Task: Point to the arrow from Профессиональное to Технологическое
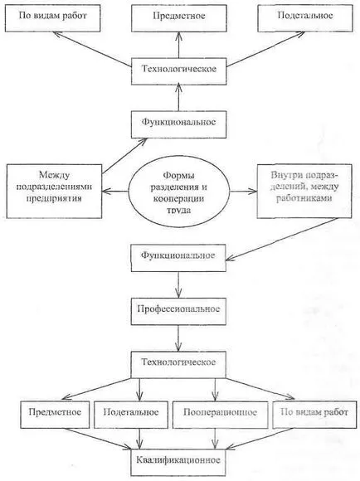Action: (178, 338)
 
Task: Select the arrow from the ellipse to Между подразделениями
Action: (114, 192)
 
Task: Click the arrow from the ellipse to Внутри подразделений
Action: (243, 191)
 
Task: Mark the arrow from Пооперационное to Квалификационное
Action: (215, 439)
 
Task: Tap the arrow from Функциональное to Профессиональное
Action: (178, 284)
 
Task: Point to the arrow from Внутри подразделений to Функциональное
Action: (282, 240)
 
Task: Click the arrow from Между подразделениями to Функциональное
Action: (124, 156)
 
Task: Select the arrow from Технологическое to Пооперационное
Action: (215, 390)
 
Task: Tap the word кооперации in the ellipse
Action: (178, 198)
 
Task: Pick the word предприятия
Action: (54, 198)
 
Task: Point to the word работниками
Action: (304, 198)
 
